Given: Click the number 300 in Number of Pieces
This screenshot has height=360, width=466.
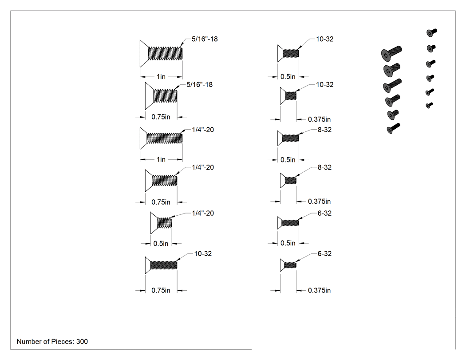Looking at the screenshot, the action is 82,341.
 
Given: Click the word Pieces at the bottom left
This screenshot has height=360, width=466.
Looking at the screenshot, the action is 63,341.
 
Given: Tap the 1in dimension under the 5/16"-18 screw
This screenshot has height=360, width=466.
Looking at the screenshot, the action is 161,77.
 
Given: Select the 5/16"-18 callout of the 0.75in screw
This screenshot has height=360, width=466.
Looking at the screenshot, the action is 199,85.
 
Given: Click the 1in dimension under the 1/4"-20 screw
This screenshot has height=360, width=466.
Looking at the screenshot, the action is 161,159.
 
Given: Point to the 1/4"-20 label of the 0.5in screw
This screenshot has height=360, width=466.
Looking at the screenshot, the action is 203,213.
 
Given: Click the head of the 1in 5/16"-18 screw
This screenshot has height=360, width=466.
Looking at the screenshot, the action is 144,54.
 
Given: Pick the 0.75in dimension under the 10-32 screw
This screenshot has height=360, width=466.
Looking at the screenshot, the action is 161,290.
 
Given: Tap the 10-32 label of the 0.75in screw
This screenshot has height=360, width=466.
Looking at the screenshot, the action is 203,253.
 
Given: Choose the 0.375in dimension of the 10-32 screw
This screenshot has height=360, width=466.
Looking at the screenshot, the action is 319,119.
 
